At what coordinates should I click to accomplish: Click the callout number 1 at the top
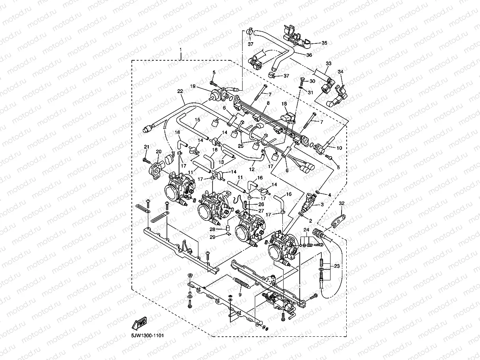point(181,50)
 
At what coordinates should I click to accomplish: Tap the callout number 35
point(324,43)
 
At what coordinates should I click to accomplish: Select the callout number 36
point(309,55)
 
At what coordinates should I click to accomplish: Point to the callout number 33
point(329,63)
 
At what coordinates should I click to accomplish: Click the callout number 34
point(341,72)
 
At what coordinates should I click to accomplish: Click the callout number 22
point(180,91)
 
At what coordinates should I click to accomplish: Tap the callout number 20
point(159,151)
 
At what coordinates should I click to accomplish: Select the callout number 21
point(146,147)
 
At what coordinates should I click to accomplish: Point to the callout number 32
point(342,203)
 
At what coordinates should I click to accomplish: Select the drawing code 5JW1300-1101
point(145,336)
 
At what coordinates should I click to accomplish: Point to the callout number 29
point(212,237)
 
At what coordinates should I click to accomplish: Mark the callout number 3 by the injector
point(322,204)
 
